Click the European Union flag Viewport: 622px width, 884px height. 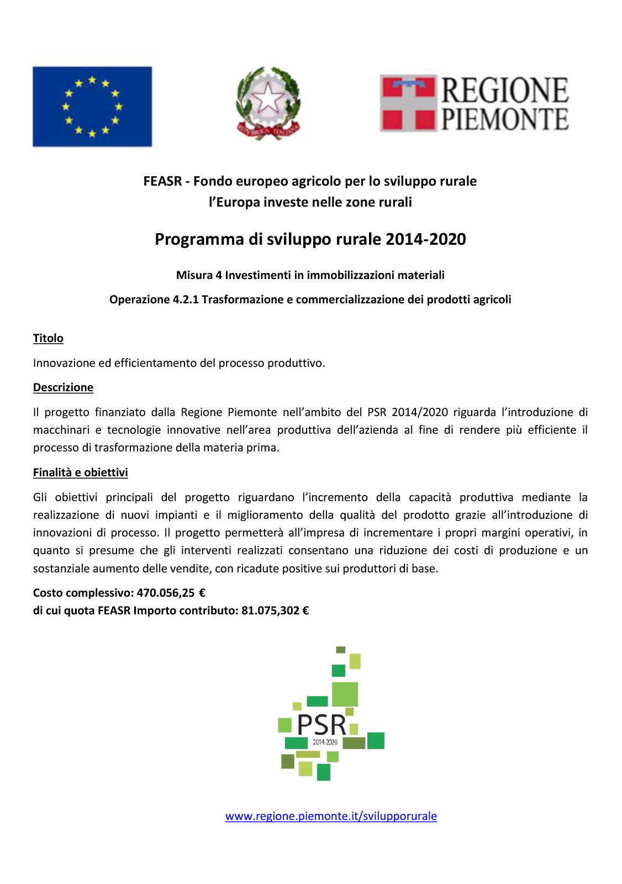click(x=92, y=107)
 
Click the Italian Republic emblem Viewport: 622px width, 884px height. click(x=268, y=103)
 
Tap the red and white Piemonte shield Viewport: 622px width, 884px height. click(x=409, y=103)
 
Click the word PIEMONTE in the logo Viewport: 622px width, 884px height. click(x=504, y=120)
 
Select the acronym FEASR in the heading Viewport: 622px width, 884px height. click(x=162, y=181)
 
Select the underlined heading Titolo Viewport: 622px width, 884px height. click(x=48, y=338)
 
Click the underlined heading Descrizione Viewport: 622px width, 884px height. click(x=63, y=387)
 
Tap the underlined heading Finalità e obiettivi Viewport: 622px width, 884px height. click(x=80, y=472)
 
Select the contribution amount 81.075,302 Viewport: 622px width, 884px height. click(x=270, y=611)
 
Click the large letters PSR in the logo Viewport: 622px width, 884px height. click(x=321, y=724)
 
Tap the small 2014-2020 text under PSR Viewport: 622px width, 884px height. click(x=325, y=742)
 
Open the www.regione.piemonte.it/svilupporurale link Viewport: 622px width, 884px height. click(x=331, y=816)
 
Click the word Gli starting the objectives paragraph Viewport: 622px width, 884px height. click(x=40, y=497)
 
